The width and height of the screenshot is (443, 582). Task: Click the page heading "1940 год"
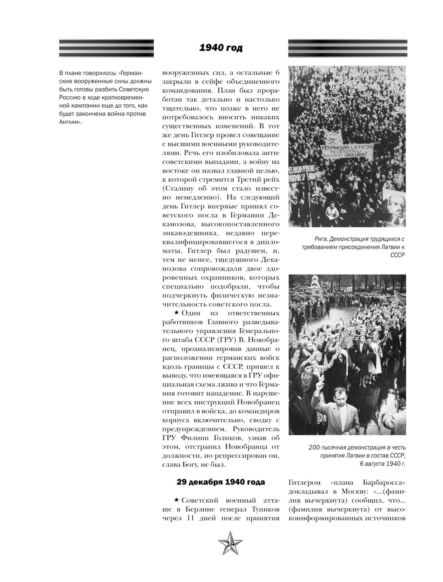221,48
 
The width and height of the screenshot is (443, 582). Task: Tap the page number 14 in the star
230,544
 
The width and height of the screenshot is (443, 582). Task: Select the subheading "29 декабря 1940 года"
221,482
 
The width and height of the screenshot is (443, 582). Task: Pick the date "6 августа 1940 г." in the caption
382,464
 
